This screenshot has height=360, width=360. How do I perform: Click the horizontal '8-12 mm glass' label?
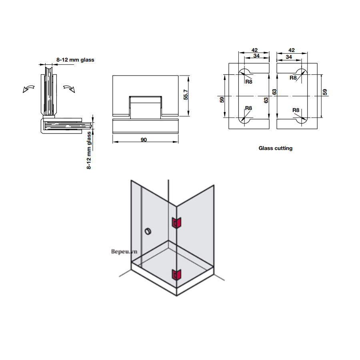point(75,60)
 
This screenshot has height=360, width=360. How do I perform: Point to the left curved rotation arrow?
point(28,88)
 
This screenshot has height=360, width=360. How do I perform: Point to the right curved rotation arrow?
point(69,88)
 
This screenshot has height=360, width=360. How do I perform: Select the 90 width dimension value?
point(144,140)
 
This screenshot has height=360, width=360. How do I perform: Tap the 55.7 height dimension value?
point(185,96)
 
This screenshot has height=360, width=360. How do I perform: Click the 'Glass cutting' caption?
point(275,148)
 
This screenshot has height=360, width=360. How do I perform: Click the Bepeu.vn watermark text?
point(125,252)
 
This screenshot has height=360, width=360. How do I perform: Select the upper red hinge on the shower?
point(176,223)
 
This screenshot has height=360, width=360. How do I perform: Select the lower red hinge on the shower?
point(176,274)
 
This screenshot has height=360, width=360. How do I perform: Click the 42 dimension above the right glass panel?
point(291,50)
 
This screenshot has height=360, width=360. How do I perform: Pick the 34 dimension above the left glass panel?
point(256,56)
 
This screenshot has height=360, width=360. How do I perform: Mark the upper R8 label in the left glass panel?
point(249,82)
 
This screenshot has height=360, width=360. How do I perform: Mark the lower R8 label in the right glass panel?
point(296,110)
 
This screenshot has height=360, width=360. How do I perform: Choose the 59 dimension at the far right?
point(325,92)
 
